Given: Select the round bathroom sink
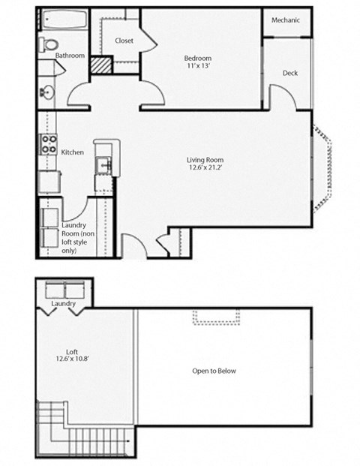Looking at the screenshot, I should tap(46, 93).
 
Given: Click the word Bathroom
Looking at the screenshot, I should tap(69, 56).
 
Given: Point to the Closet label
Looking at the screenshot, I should tap(124, 41).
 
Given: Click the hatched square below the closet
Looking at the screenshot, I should tap(101, 65).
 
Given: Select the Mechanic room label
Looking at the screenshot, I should tap(286, 20).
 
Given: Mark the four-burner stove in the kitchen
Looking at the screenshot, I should tap(49, 144).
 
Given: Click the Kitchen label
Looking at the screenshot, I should tap(72, 152).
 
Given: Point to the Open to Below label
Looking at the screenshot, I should tap(214, 371).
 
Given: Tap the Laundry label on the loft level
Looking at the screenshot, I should tap(64, 303).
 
